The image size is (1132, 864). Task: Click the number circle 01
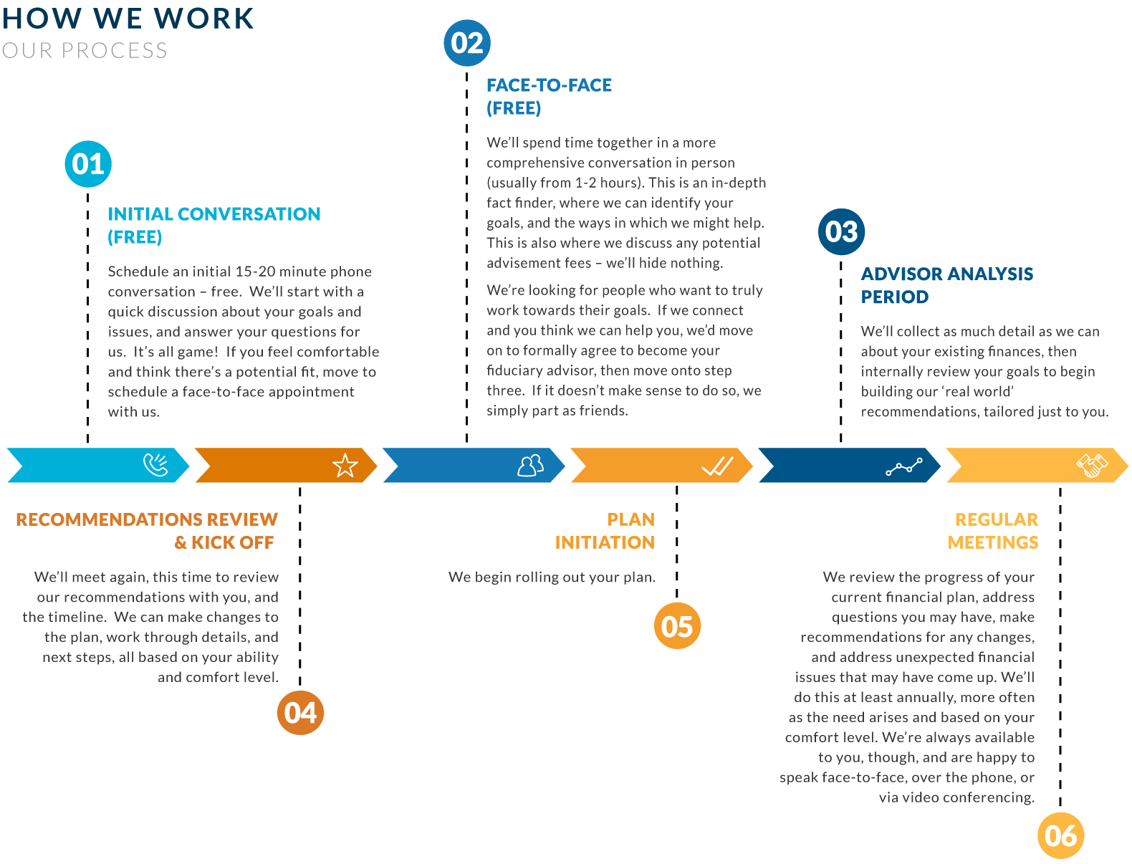(x=88, y=164)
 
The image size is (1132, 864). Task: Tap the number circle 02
(x=467, y=43)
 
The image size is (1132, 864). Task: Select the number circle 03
(x=842, y=232)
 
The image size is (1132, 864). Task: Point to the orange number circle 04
(x=300, y=713)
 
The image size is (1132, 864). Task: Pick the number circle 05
(x=677, y=626)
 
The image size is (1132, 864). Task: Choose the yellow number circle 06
(x=1061, y=835)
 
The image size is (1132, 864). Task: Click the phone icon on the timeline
(x=155, y=465)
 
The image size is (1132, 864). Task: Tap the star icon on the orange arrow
(x=345, y=466)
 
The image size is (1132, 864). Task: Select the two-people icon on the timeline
(x=530, y=465)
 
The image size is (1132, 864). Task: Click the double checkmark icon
(x=717, y=466)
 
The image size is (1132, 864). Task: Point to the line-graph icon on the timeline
(x=904, y=467)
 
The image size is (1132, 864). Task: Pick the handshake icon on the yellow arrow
(x=1092, y=466)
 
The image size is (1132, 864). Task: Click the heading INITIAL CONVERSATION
(x=214, y=214)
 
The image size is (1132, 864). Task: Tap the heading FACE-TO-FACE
(x=549, y=85)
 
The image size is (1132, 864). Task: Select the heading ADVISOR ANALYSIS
(x=946, y=274)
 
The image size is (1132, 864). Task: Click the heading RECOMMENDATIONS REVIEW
(x=147, y=519)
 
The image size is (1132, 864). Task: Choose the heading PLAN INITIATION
(x=605, y=531)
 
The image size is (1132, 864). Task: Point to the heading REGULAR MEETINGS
(x=994, y=531)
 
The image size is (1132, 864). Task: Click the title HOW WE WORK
(x=128, y=19)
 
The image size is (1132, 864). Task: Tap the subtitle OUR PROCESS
(x=85, y=50)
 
